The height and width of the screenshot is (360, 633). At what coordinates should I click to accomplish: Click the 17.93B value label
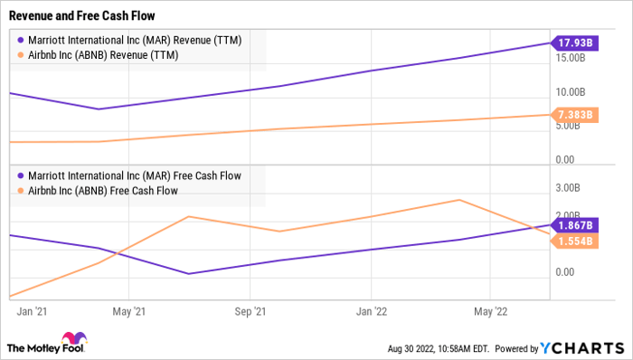[x=575, y=43]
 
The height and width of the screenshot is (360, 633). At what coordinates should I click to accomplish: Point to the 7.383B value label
[x=575, y=115]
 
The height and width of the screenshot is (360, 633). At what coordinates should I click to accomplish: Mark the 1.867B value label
[x=575, y=225]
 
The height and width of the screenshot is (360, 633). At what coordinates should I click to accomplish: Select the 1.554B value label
[x=575, y=241]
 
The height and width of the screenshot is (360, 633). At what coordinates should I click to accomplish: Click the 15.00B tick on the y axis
[x=572, y=57]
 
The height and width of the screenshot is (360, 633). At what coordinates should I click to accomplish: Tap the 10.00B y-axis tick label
[x=572, y=92]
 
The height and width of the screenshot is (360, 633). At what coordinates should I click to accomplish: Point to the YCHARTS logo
[x=580, y=346]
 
